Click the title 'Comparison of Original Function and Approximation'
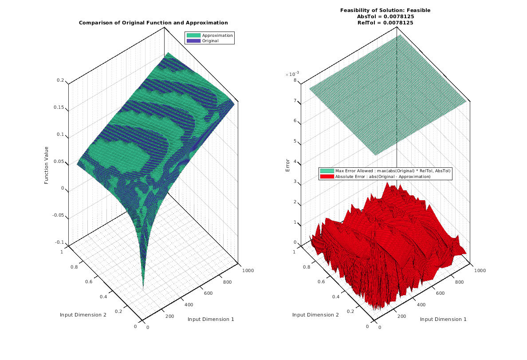coord(153,23)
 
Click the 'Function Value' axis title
coord(47,165)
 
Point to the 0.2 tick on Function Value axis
coord(60,80)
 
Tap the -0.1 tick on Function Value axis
coord(59,242)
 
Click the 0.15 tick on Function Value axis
coord(59,107)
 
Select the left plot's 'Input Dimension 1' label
coord(211,319)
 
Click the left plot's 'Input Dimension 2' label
coord(83,315)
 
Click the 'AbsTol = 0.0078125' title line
coord(385,16)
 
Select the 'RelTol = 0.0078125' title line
coord(385,23)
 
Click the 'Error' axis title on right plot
coord(287,165)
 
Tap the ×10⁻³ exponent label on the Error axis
coord(292,74)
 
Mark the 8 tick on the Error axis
coord(295,81)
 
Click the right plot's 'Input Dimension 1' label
coord(443,319)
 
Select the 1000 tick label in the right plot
coord(480,270)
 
